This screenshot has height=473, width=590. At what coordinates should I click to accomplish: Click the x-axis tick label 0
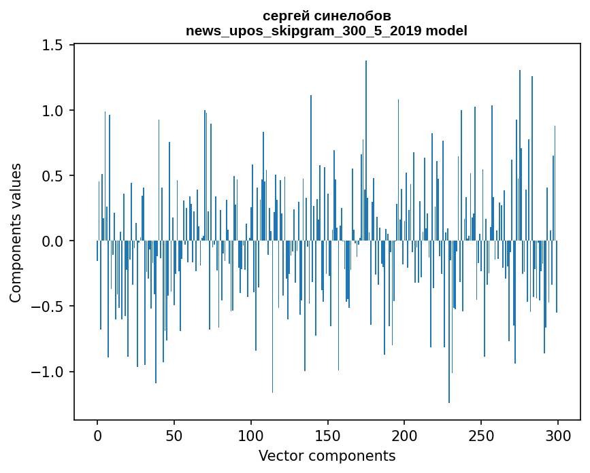coord(97,436)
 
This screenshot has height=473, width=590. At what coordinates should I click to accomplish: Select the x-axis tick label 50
coord(174,436)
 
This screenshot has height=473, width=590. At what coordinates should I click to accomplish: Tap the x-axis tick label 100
coord(251,436)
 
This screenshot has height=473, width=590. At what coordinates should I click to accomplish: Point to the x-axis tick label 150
coord(327,436)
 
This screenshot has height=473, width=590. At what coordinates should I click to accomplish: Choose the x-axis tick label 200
coord(404,436)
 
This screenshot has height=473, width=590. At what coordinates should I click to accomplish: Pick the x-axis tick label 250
coord(481,436)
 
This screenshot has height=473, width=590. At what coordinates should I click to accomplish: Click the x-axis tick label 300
coord(558,436)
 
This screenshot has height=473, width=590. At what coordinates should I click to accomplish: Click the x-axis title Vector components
coord(327,455)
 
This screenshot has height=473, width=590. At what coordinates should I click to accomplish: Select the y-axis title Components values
coord(16,232)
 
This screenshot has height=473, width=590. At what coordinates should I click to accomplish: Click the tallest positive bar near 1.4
coord(366,150)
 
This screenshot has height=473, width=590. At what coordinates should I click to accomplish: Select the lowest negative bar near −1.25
coord(449,322)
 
